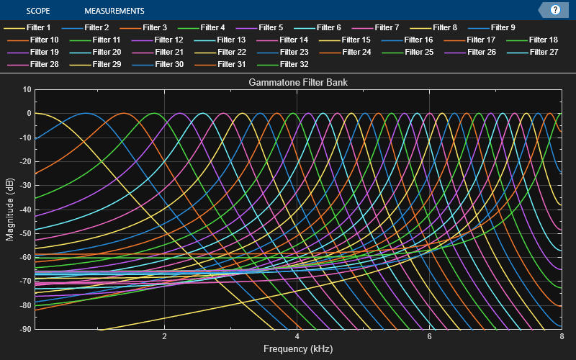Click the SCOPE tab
38,11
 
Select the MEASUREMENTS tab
114,11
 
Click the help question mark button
555,10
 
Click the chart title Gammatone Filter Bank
298,83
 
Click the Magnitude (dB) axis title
9,209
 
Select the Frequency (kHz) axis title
298,348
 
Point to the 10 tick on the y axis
27,89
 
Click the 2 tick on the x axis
165,336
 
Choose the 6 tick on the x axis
429,336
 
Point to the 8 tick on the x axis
561,336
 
